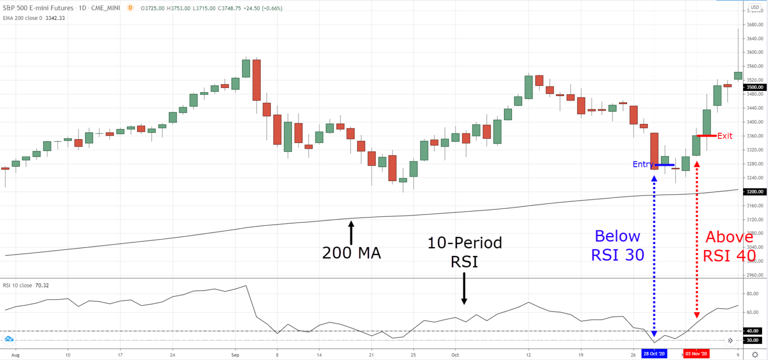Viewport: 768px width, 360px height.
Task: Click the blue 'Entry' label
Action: pyautogui.click(x=642, y=164)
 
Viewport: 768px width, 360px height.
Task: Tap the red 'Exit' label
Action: pyautogui.click(x=724, y=135)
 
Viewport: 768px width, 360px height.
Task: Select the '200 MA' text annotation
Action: pyautogui.click(x=351, y=253)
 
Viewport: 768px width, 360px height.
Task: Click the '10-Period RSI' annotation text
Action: pyautogui.click(x=464, y=252)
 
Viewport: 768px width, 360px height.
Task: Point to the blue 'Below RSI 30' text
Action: pyautogui.click(x=617, y=245)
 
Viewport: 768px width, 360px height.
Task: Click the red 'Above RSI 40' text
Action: pyautogui.click(x=729, y=246)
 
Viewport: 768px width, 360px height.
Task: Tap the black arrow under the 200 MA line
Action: pyautogui.click(x=351, y=232)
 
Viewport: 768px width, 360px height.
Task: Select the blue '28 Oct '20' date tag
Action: pyautogui.click(x=654, y=353)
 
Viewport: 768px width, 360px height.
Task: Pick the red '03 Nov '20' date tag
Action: pyautogui.click(x=697, y=353)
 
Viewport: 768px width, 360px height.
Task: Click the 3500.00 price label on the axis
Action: pyautogui.click(x=755, y=87)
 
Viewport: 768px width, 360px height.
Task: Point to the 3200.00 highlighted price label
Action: pyautogui.click(x=755, y=191)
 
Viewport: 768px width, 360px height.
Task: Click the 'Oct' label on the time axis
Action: pyautogui.click(x=455, y=353)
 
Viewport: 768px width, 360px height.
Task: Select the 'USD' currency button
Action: pyautogui.click(x=754, y=7)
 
